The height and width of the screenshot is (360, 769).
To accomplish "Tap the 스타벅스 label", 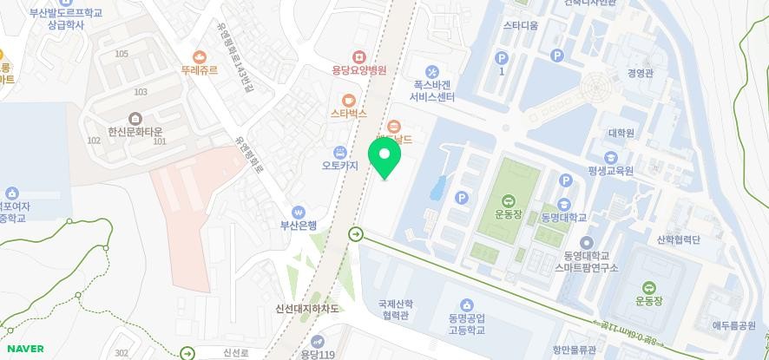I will coord(348,114).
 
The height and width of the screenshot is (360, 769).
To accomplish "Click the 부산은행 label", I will coord(298,226).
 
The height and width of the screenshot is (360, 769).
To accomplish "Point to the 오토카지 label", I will coord(340,166).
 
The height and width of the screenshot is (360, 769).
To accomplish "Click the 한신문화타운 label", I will coord(135,132).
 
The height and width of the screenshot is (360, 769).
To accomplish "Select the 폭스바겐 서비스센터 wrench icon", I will coord(432,71).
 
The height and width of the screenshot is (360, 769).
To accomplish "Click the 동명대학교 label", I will coord(563,217).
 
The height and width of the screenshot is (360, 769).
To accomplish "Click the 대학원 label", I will coord(621,133).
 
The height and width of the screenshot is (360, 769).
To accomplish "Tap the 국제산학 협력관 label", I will coord(396,311).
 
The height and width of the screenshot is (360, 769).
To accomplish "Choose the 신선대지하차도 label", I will coord(306,309).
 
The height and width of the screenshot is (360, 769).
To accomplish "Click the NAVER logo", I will coord(24,349).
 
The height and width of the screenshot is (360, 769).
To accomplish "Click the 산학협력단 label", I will coord(678,240).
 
